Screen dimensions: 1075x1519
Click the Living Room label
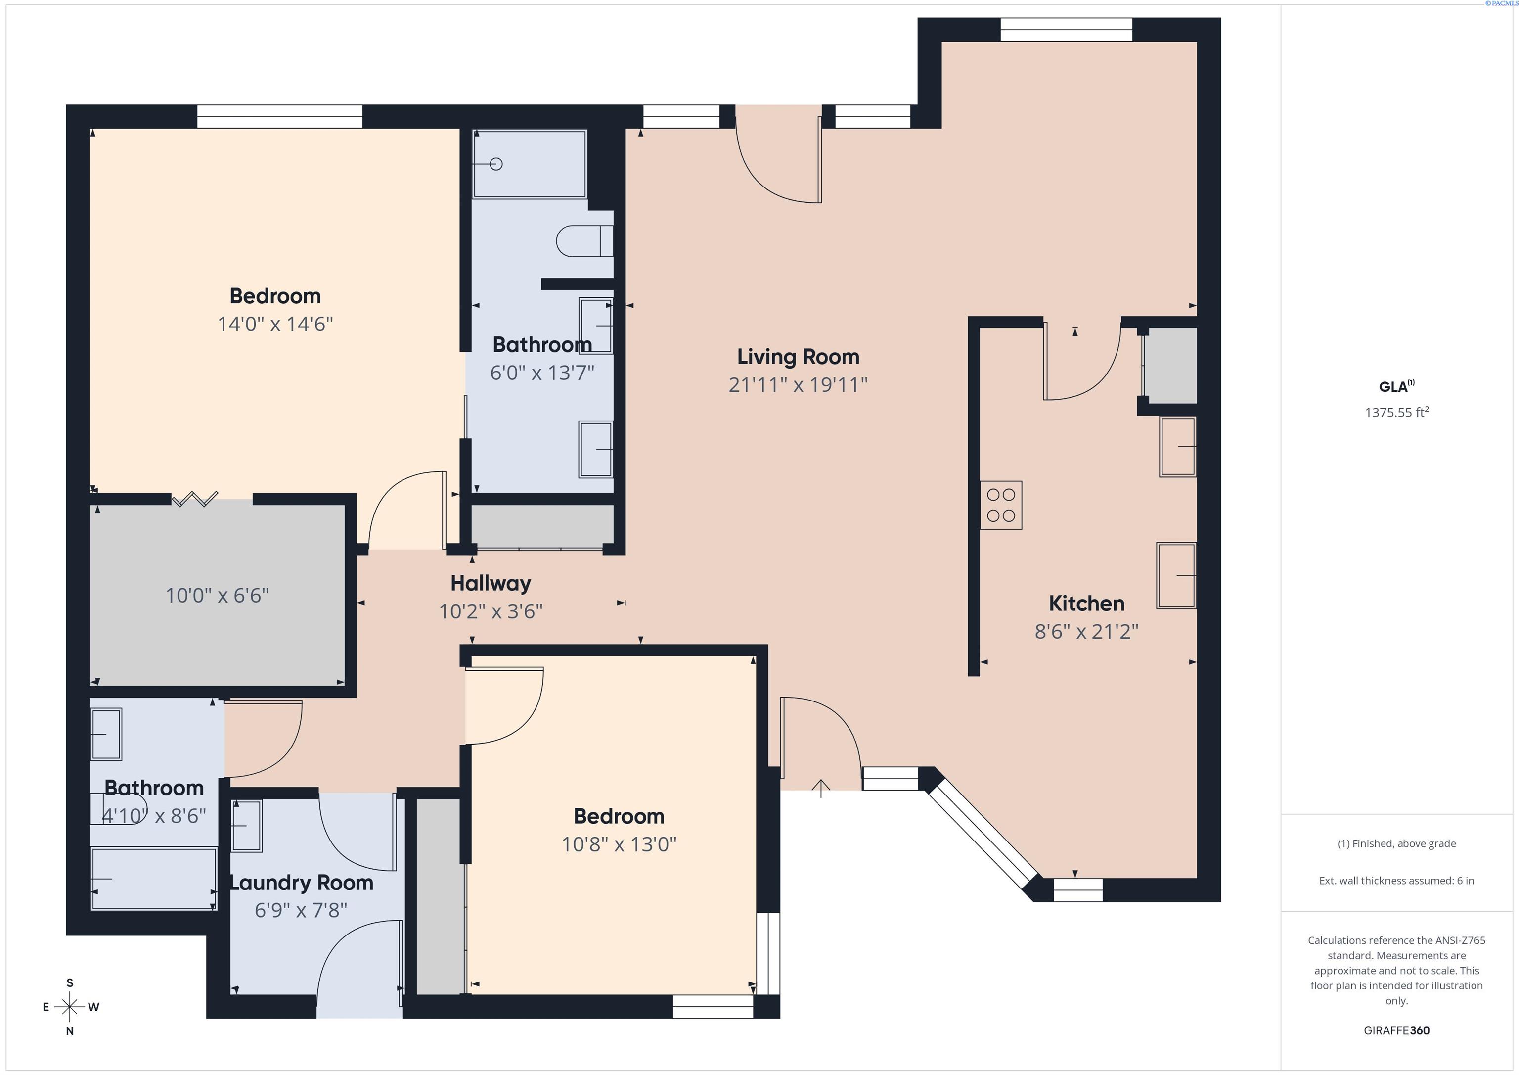tap(798, 357)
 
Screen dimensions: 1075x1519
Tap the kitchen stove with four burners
tap(1000, 505)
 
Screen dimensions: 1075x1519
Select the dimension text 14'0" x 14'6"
tap(275, 325)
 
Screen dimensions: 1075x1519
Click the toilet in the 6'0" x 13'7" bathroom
tap(583, 241)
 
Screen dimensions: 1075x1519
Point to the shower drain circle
tap(496, 163)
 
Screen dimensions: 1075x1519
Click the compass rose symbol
tap(69, 1007)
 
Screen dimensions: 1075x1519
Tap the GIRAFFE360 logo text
tap(1396, 1030)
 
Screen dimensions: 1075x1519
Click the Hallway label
tap(490, 583)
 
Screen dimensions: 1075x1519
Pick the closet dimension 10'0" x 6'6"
tap(217, 596)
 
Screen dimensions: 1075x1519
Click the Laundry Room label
tap(302, 883)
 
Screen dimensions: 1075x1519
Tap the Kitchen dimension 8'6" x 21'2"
tap(1086, 632)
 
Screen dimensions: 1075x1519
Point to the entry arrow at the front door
tap(820, 788)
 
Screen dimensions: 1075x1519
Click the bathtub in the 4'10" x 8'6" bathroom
tap(153, 879)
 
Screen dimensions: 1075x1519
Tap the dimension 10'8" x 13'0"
tap(619, 844)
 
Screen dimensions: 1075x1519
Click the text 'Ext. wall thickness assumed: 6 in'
tap(1396, 881)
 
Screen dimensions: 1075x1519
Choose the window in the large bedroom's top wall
tap(279, 116)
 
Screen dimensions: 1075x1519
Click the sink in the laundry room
tap(246, 826)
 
